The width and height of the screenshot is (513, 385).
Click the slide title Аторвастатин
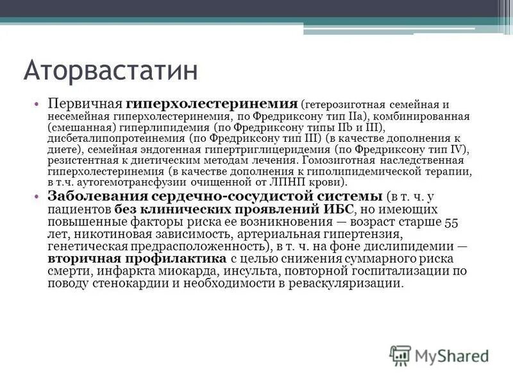pyautogui.click(x=110, y=69)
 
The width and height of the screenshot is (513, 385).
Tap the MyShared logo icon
pyautogui.click(x=400, y=355)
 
